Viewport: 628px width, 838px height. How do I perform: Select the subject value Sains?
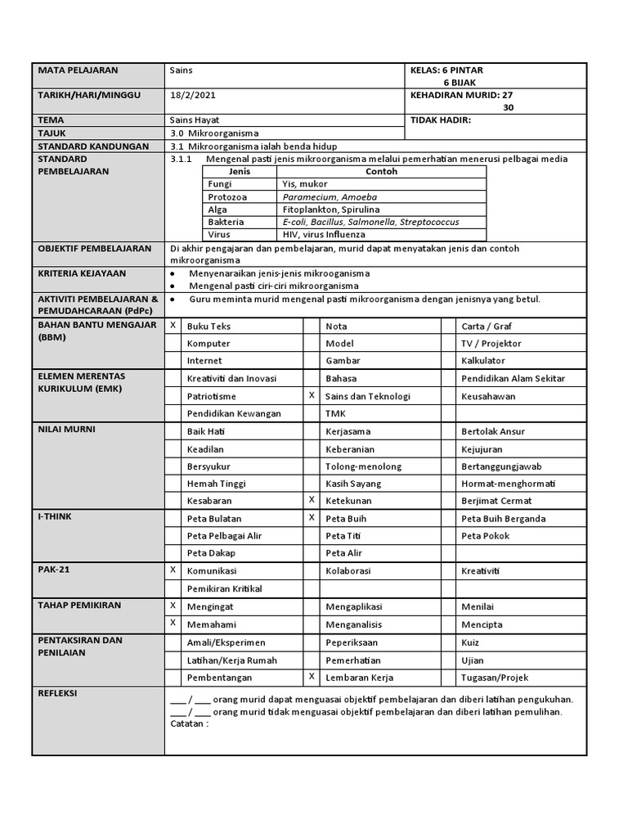(x=180, y=71)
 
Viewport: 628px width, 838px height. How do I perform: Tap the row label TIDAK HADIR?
(x=441, y=119)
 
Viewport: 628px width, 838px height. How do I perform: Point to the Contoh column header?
(x=382, y=172)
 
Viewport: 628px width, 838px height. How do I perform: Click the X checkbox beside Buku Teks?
(x=173, y=326)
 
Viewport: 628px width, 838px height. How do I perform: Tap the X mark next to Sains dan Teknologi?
(x=311, y=395)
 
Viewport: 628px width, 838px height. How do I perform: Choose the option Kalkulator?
(x=483, y=360)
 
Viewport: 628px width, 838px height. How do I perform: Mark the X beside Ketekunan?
(x=311, y=499)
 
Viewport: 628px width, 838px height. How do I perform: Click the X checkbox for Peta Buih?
(x=311, y=517)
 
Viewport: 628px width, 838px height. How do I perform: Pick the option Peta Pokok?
(x=485, y=536)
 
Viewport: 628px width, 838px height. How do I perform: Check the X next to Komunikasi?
(x=173, y=569)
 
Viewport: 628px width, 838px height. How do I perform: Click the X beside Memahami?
(x=173, y=624)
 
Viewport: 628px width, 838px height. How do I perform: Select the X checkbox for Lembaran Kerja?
(x=311, y=677)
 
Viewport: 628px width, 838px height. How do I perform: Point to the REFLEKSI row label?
(x=57, y=693)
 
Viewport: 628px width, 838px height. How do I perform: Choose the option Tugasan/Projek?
(x=494, y=678)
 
